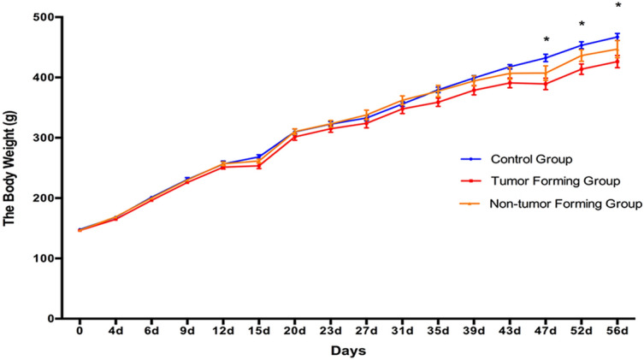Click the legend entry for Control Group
531,159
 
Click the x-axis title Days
350,351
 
